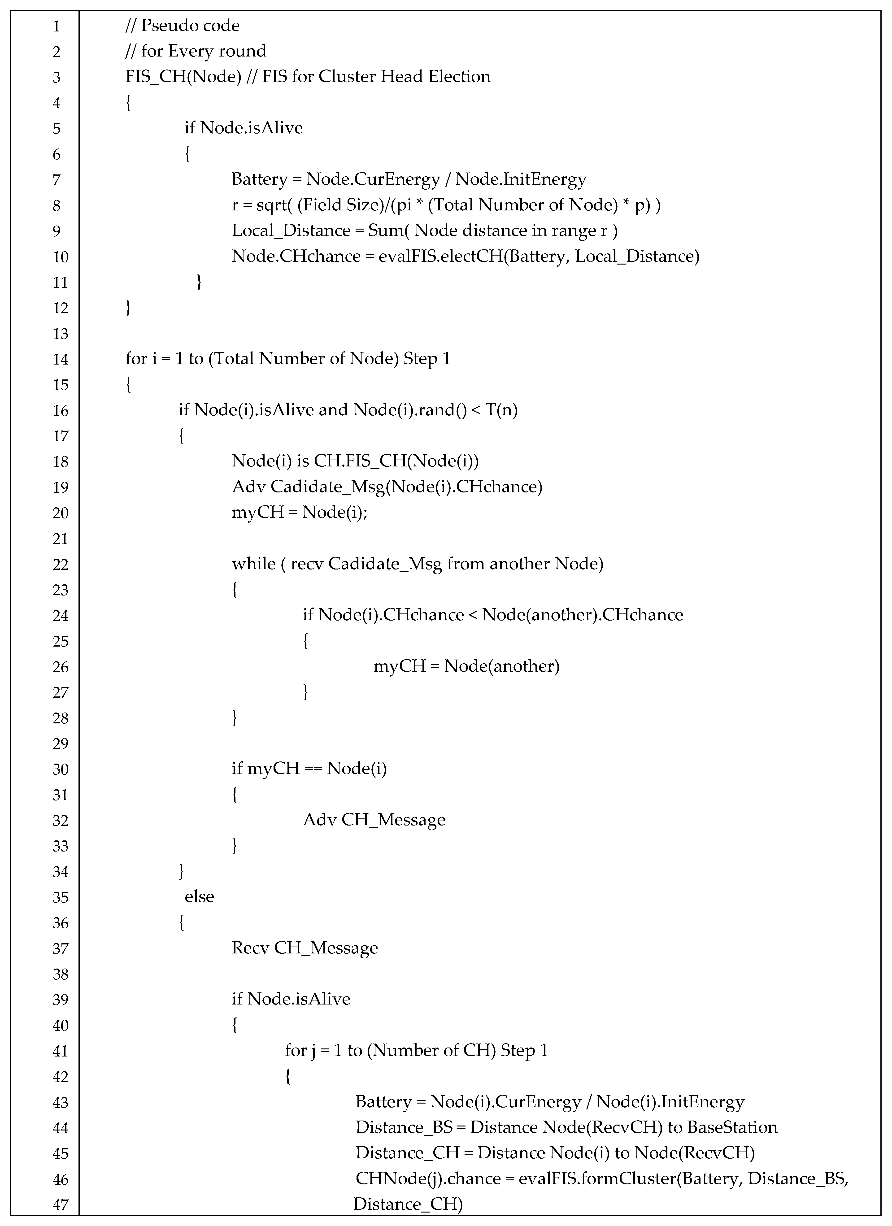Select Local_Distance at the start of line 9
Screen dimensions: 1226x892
point(291,231)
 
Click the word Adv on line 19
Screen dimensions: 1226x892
point(248,487)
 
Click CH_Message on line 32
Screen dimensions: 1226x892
point(393,820)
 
